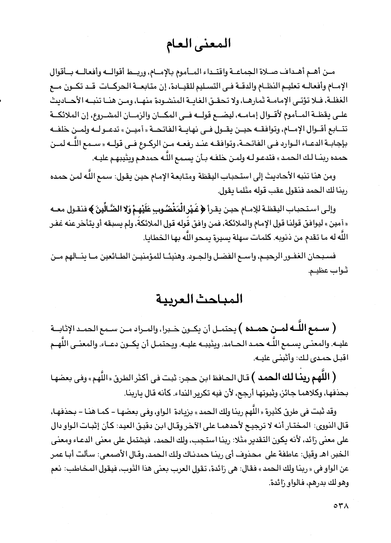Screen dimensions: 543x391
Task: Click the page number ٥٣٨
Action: click(x=341, y=507)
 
